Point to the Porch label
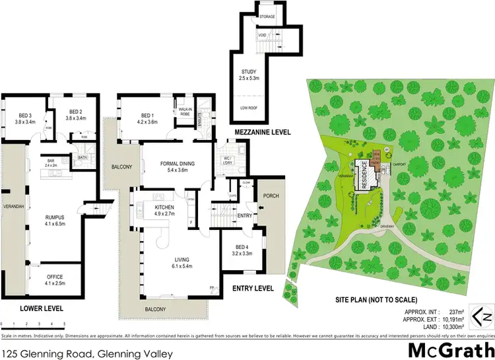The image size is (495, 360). tap(271, 196)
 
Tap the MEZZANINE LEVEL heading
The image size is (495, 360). tap(259, 133)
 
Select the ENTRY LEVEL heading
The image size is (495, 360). tap(253, 289)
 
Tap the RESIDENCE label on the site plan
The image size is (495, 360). tap(363, 176)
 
